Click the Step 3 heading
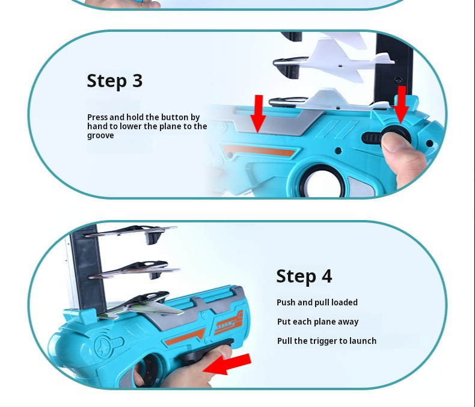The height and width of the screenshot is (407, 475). pos(114,81)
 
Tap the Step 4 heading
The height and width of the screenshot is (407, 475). pos(304,276)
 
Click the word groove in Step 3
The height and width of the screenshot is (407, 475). pos(100,136)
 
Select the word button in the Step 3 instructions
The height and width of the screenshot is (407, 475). pos(174,117)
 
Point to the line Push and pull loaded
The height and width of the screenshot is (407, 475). pos(317,302)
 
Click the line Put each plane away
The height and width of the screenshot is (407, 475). pos(317,322)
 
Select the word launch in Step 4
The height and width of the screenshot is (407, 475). pos(363,341)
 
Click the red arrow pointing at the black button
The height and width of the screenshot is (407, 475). pos(401,103)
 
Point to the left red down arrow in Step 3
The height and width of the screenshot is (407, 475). pos(258,112)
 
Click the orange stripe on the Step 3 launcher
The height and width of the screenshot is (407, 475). pos(259,150)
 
